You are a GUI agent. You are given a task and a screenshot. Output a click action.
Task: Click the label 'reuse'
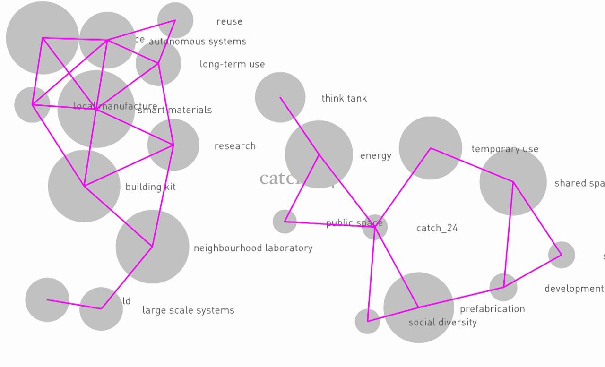click(x=229, y=22)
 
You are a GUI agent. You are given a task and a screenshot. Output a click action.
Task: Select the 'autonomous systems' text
click(x=198, y=42)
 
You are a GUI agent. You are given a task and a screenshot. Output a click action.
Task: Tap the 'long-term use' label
click(x=232, y=64)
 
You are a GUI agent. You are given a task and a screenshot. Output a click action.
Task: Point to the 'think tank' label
click(x=344, y=98)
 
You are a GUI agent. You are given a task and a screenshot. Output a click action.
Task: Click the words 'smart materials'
click(x=175, y=110)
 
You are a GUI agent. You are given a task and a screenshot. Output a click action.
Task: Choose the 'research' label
click(x=235, y=146)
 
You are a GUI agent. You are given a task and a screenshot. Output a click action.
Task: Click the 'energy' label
click(x=376, y=156)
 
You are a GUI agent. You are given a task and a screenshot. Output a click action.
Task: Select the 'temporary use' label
click(x=505, y=149)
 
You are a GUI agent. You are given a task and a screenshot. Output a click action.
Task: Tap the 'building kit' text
click(x=150, y=187)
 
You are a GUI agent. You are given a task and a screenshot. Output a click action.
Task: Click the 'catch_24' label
click(x=437, y=228)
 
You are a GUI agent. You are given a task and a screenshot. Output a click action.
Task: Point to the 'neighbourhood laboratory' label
click(x=253, y=248)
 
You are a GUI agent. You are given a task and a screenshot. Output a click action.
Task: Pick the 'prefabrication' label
click(x=492, y=309)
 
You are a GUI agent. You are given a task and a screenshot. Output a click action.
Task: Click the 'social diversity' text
click(x=442, y=323)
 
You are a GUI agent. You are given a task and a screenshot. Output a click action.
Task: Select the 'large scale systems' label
click(x=188, y=310)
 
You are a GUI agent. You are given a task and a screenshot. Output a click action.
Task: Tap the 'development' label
click(x=574, y=289)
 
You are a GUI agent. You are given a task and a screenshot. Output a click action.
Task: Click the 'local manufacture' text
click(x=115, y=106)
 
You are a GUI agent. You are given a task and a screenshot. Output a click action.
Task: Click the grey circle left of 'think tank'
click(x=280, y=97)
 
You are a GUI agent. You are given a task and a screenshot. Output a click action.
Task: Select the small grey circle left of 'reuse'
click(x=175, y=20)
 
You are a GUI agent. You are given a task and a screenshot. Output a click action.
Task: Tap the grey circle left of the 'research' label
click(x=173, y=145)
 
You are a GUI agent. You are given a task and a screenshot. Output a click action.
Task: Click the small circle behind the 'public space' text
click(x=375, y=227)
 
